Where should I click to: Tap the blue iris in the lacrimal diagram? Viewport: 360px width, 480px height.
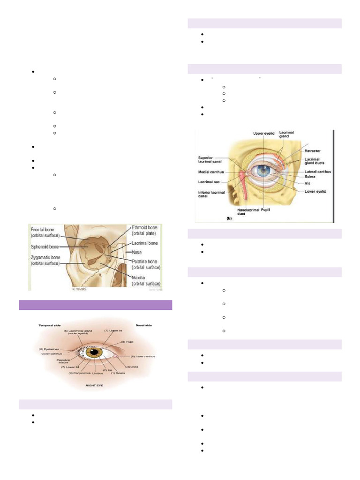[262, 172]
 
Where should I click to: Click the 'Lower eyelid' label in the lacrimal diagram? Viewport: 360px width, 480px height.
[315, 191]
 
